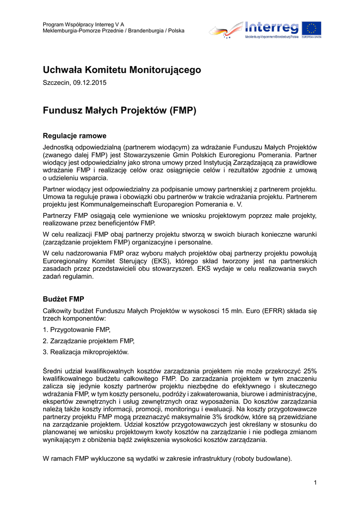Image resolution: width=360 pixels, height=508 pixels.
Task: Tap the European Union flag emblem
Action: (311, 28)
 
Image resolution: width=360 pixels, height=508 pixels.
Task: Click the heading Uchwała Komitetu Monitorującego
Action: (122, 70)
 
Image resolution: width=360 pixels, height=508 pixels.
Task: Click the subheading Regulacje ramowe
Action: (74, 135)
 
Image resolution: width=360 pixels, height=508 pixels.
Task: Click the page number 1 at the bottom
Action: (315, 483)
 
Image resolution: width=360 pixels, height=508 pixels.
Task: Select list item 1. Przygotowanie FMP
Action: (76, 329)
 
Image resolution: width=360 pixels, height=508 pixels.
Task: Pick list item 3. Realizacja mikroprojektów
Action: (85, 352)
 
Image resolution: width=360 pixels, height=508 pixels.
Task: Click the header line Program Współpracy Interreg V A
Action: (83, 24)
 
